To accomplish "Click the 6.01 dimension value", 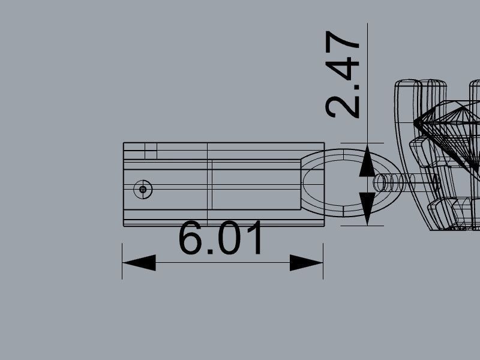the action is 220,238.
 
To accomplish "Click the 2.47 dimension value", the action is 342,74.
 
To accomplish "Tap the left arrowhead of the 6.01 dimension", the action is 139,263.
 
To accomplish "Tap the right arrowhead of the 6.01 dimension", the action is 306,263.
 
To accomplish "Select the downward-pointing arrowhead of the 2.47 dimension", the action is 367,209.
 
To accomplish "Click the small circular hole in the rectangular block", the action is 143,190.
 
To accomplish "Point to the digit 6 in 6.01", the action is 190,238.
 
